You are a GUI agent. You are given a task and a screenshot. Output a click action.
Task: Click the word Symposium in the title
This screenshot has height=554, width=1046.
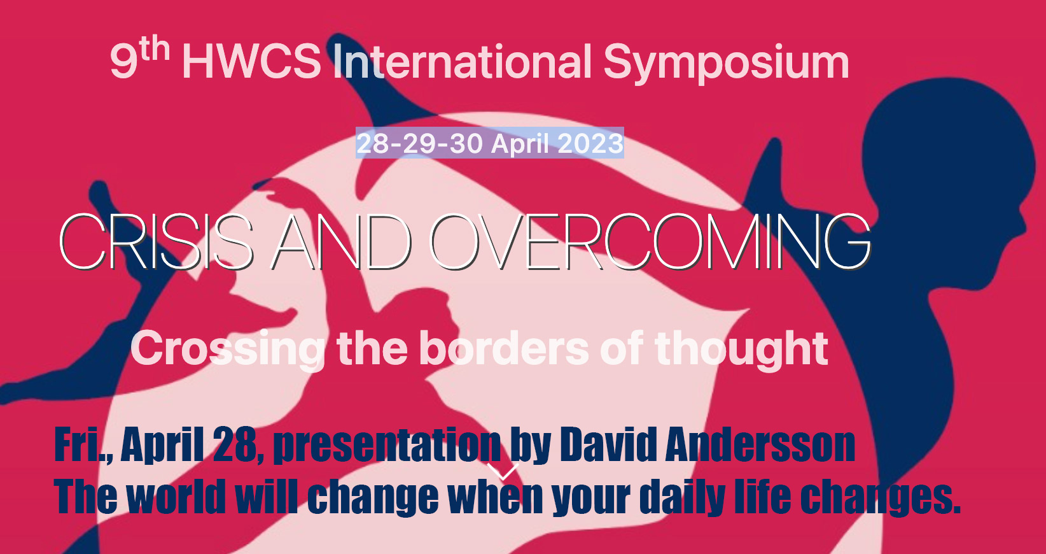pyautogui.click(x=726, y=63)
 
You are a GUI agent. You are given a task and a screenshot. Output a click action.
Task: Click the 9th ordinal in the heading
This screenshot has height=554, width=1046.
pyautogui.click(x=139, y=59)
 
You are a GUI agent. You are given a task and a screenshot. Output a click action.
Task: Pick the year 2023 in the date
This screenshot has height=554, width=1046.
pyautogui.click(x=590, y=143)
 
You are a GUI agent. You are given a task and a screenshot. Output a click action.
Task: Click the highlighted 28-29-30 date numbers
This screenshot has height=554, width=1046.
pyautogui.click(x=419, y=143)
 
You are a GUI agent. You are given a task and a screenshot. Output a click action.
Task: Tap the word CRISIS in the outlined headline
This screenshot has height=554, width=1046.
pyautogui.click(x=157, y=242)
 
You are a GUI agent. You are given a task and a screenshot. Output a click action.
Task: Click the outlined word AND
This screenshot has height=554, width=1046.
pyautogui.click(x=342, y=242)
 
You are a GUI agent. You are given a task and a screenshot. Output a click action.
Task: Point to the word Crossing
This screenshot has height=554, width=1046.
pyautogui.click(x=227, y=350)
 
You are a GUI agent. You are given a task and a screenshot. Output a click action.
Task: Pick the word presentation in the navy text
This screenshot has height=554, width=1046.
pyautogui.click(x=387, y=446)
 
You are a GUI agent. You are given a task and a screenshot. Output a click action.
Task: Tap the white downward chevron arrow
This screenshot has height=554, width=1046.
pyautogui.click(x=503, y=471)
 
